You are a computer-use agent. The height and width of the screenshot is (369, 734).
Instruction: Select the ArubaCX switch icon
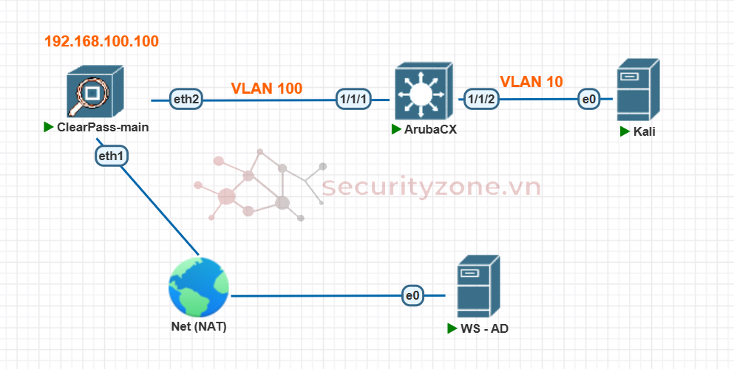(x=421, y=92)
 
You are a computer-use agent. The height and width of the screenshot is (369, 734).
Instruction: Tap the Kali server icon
(x=638, y=90)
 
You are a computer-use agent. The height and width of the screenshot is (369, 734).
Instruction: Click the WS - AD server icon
(x=478, y=287)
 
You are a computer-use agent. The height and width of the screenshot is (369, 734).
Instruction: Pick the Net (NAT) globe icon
(x=198, y=288)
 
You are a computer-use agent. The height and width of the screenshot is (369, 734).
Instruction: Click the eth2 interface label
(x=186, y=99)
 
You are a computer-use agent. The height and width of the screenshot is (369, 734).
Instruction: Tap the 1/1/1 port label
(x=353, y=99)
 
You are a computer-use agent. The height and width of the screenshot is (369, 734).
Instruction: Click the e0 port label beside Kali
(x=589, y=99)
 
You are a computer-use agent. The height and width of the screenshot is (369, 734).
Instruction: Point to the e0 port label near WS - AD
(x=413, y=295)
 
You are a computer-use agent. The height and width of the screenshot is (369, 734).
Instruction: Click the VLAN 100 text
(x=266, y=89)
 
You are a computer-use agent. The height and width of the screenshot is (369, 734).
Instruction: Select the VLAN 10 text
(x=531, y=82)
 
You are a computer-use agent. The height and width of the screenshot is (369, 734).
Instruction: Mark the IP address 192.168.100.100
(x=101, y=41)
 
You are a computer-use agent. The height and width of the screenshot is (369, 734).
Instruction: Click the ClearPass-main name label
(x=103, y=127)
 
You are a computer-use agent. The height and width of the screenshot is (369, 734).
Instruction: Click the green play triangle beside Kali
(x=625, y=131)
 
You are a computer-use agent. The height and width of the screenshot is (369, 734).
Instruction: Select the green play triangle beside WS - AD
(x=452, y=328)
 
